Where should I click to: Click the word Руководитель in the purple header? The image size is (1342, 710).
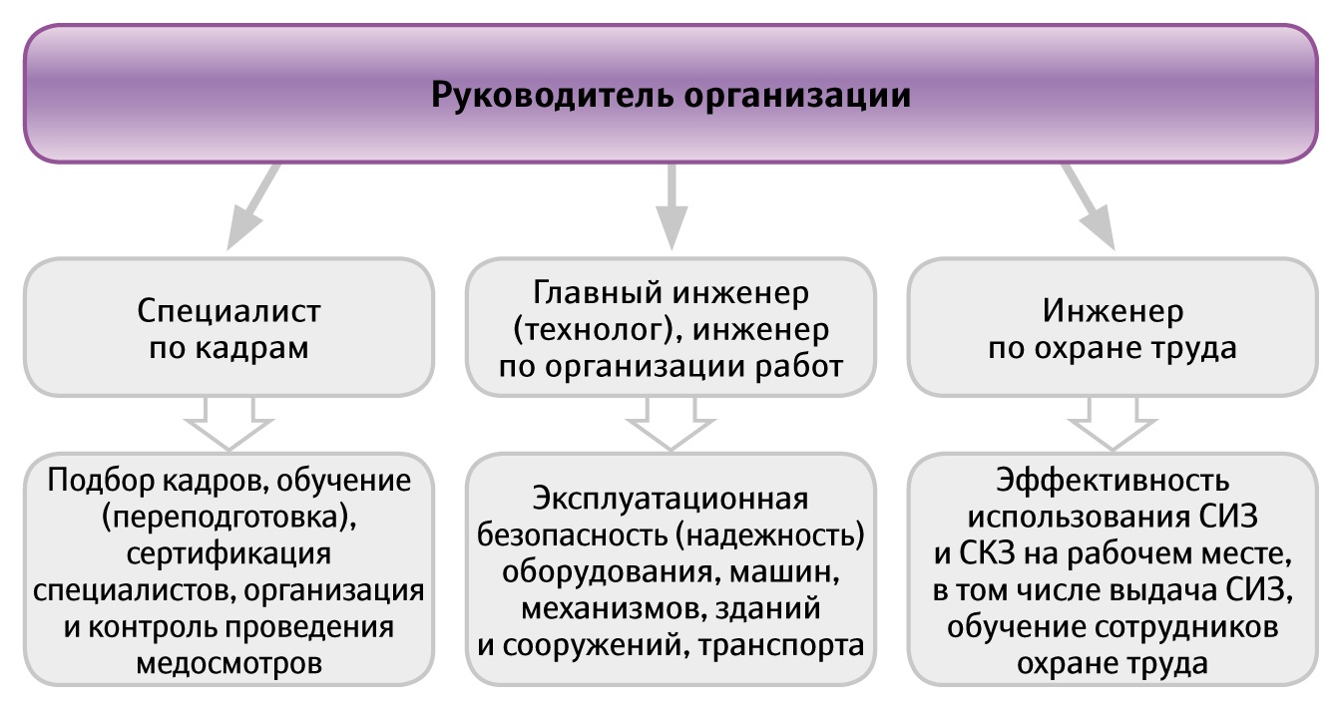pos(552,95)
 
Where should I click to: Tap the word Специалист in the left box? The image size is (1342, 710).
pos(228,311)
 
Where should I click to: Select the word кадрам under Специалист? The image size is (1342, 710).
pos(252,349)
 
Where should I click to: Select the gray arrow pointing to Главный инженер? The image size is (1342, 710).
pos(671,207)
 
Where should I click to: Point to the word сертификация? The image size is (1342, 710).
pos(228,553)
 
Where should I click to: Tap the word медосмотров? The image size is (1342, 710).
pos(228,664)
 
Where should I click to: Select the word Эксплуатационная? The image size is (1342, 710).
pos(671,499)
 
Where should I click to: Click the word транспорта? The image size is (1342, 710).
pos(781,646)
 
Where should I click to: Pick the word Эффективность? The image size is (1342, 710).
pos(1113,481)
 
